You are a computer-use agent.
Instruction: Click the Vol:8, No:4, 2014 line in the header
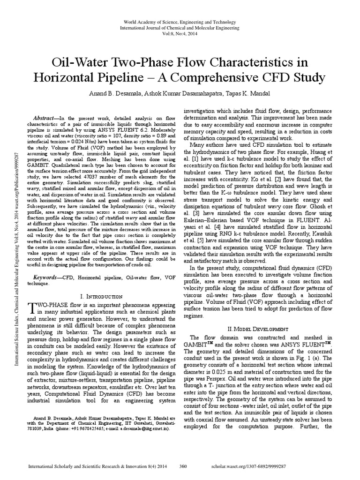click(180, 34)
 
